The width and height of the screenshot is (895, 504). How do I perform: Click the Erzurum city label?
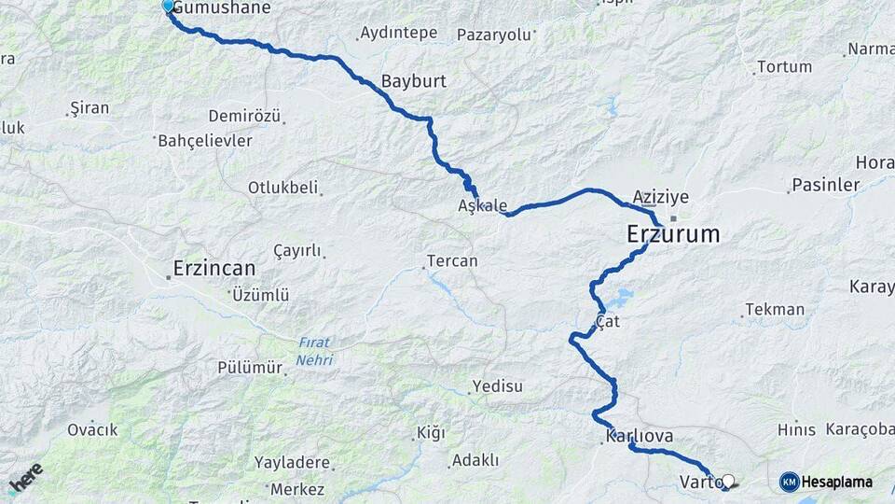673,234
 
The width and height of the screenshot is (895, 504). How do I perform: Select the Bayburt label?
414,81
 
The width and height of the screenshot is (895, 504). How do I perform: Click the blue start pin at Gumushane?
169,7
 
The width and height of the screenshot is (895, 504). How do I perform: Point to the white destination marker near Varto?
728,482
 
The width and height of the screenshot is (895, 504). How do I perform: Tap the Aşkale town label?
483,205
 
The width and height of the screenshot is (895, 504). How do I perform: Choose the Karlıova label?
639,436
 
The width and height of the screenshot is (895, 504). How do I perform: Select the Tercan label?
452,261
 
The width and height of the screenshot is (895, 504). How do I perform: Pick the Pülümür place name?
250,368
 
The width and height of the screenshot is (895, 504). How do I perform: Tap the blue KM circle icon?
790,483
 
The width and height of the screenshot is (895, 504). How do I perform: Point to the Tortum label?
785,67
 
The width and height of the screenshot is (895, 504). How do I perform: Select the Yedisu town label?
498,386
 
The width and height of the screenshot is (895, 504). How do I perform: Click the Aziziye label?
660,197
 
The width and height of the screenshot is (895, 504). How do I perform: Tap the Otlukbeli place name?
282,187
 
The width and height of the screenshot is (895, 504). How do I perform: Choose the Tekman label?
775,310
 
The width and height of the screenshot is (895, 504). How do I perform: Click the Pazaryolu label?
493,35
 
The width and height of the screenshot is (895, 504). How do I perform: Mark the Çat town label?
608,321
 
